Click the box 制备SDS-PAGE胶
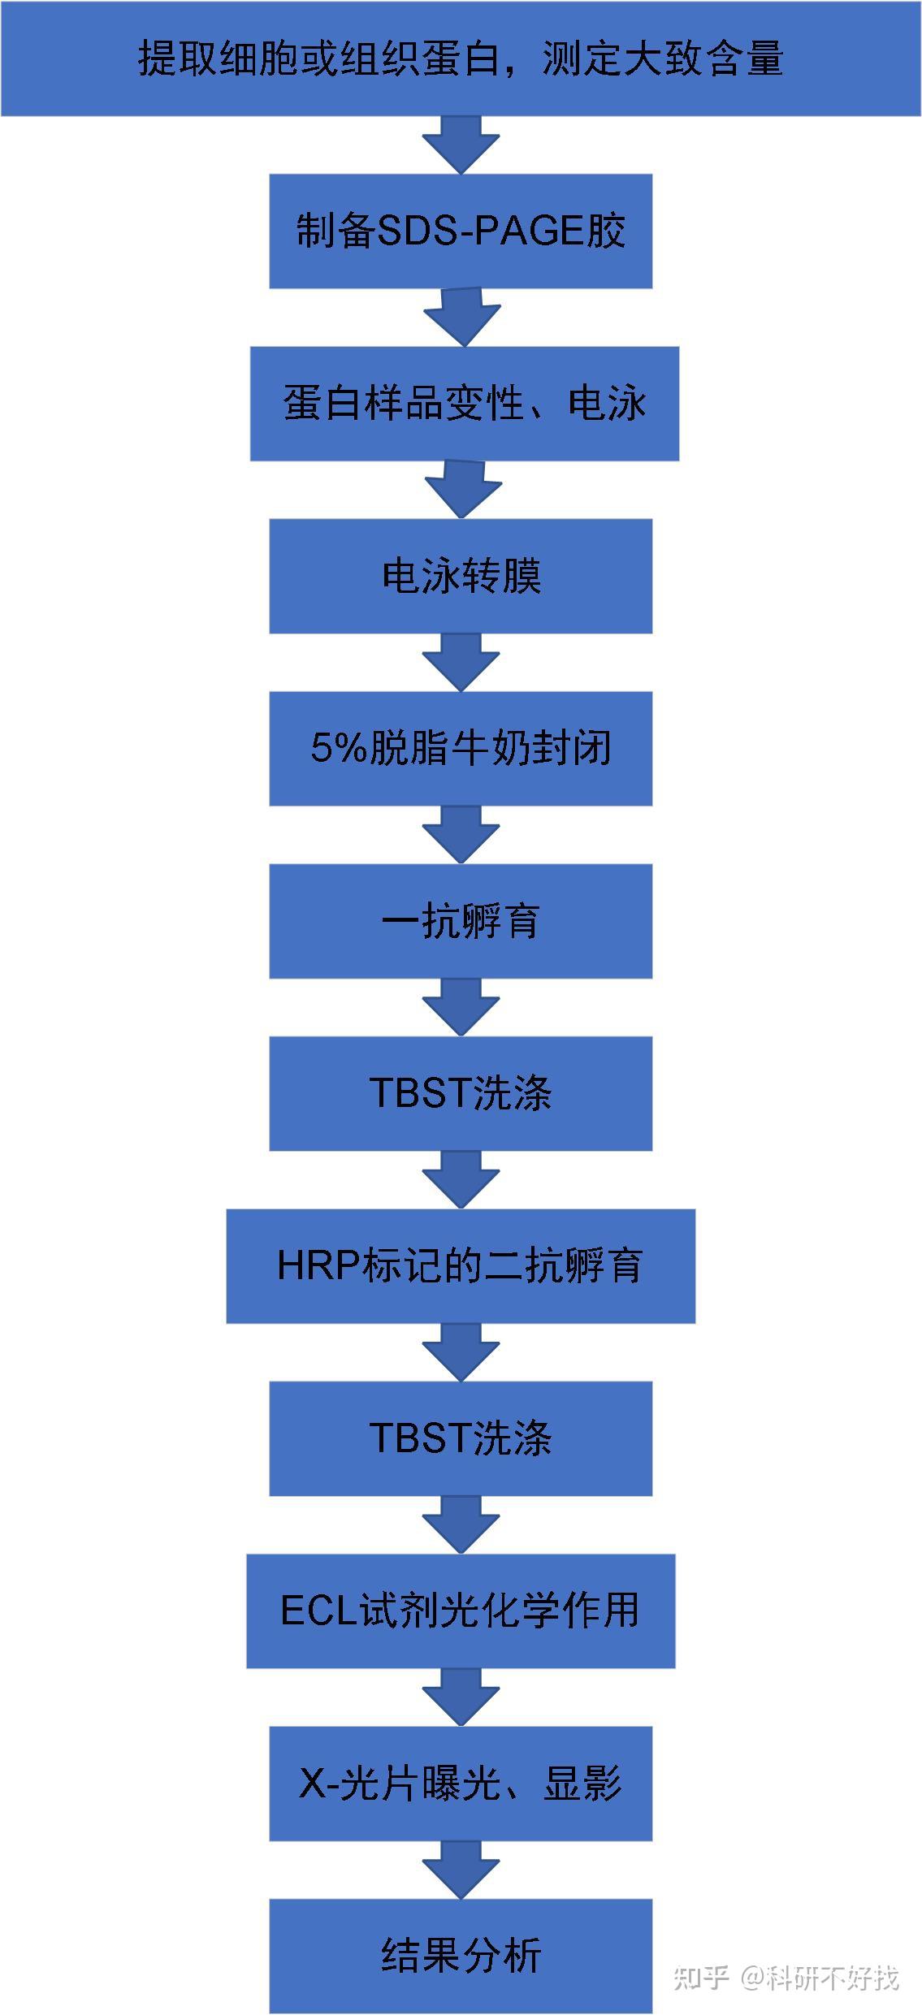coord(461,231)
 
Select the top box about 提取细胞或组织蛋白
coord(461,58)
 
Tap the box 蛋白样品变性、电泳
coord(464,404)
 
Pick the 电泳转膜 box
coord(461,576)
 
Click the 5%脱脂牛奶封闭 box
coord(461,748)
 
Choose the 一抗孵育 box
coord(461,921)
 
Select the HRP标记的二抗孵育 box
coord(461,1266)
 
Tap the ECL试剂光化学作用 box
coord(461,1611)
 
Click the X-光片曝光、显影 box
coord(461,1784)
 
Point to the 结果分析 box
coord(461,1956)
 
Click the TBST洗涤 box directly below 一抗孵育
coord(461,1093)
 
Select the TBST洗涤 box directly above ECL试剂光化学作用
coord(461,1438)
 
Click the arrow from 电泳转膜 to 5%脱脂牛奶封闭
coord(461,663)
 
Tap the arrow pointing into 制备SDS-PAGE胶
coord(461,145)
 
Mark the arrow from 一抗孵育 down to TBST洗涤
coord(461,1007)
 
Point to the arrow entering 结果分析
coord(461,1870)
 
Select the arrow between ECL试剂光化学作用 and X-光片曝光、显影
coord(461,1697)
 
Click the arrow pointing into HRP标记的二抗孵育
coord(461,1180)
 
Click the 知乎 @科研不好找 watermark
coord(786,1978)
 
